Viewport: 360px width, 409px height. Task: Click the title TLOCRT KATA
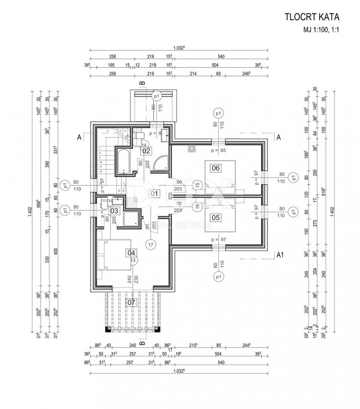tap(312, 17)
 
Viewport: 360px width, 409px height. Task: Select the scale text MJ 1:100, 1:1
tap(320, 30)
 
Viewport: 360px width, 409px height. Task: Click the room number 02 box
tap(146, 150)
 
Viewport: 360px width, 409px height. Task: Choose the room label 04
tap(131, 253)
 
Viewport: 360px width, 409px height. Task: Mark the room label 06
tap(216, 168)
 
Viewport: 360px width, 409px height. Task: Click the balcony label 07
tap(131, 302)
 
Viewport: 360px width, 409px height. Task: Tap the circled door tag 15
tap(197, 185)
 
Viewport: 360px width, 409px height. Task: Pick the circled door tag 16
tap(197, 206)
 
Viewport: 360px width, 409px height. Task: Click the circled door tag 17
tap(151, 245)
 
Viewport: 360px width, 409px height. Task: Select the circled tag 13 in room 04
tap(133, 260)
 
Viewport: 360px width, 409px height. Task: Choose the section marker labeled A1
tap(280, 255)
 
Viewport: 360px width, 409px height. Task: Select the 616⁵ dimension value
tap(323, 191)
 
